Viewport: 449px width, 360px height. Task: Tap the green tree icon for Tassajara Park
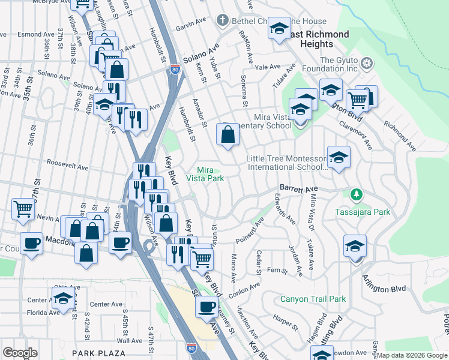coord(357,195)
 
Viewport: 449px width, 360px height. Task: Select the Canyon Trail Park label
coord(313,298)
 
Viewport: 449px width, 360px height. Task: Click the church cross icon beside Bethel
coord(223,20)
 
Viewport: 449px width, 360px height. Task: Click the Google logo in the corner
coord(20,353)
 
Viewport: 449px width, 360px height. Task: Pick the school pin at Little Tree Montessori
coord(339,158)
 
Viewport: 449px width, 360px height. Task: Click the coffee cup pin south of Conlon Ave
coord(207,307)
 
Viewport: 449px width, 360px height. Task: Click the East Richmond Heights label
coord(316,39)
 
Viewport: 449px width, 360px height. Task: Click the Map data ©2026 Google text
coord(412,355)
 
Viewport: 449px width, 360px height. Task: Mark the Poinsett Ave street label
coord(249,230)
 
